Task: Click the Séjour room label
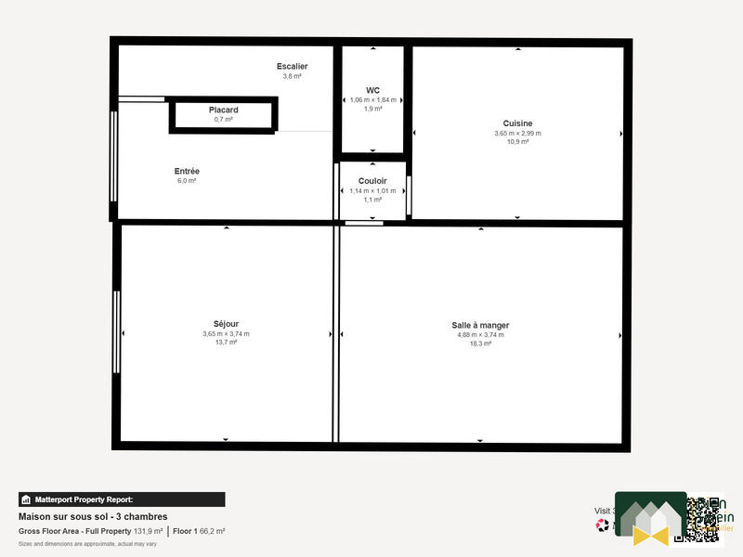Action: click(226, 324)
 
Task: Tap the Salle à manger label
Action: click(480, 325)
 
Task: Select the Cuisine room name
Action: click(517, 123)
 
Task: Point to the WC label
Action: click(372, 90)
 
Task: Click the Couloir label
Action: click(372, 181)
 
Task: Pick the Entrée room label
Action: click(187, 171)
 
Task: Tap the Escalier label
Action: click(292, 66)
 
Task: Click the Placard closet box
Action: click(223, 115)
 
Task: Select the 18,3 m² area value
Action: click(480, 343)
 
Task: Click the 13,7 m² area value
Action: click(226, 343)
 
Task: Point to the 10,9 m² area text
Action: click(517, 142)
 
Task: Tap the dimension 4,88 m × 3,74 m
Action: click(480, 334)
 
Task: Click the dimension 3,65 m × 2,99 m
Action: click(517, 133)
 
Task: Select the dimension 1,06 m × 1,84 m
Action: click(372, 99)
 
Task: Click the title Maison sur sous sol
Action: click(93, 517)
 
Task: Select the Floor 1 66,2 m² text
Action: click(199, 531)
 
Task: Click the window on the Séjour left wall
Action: click(117, 332)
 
